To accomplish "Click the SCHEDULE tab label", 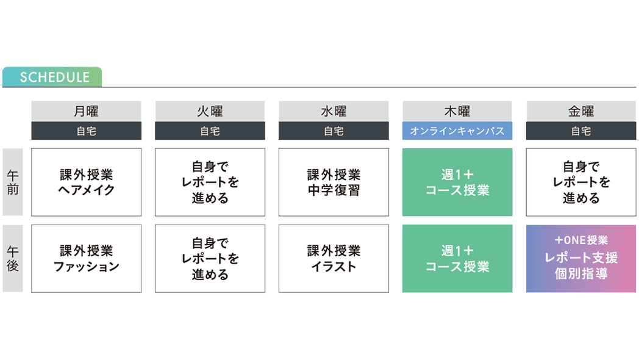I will (54, 77).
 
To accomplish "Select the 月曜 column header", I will (86, 112).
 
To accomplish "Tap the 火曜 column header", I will (210, 112).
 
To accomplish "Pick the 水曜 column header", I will (333, 112).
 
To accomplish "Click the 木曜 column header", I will (457, 112).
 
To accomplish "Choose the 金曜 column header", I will (580, 112).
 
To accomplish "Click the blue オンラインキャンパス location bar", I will (457, 131).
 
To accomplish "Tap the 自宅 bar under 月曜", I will (86, 131).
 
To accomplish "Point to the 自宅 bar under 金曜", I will (580, 131).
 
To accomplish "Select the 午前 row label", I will (13, 182).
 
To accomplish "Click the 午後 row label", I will (13, 259).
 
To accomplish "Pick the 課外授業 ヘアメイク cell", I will (86, 182).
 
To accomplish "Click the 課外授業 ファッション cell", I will (86, 259).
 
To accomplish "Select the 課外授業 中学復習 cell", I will (333, 182).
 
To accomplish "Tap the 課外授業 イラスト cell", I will (333, 259).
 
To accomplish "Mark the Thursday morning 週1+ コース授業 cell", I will (457, 182).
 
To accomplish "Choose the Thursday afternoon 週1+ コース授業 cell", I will (457, 259).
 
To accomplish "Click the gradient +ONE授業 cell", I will (580, 259).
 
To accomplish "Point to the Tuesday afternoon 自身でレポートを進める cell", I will (210, 259).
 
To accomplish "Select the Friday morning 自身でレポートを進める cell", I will (580, 182).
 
